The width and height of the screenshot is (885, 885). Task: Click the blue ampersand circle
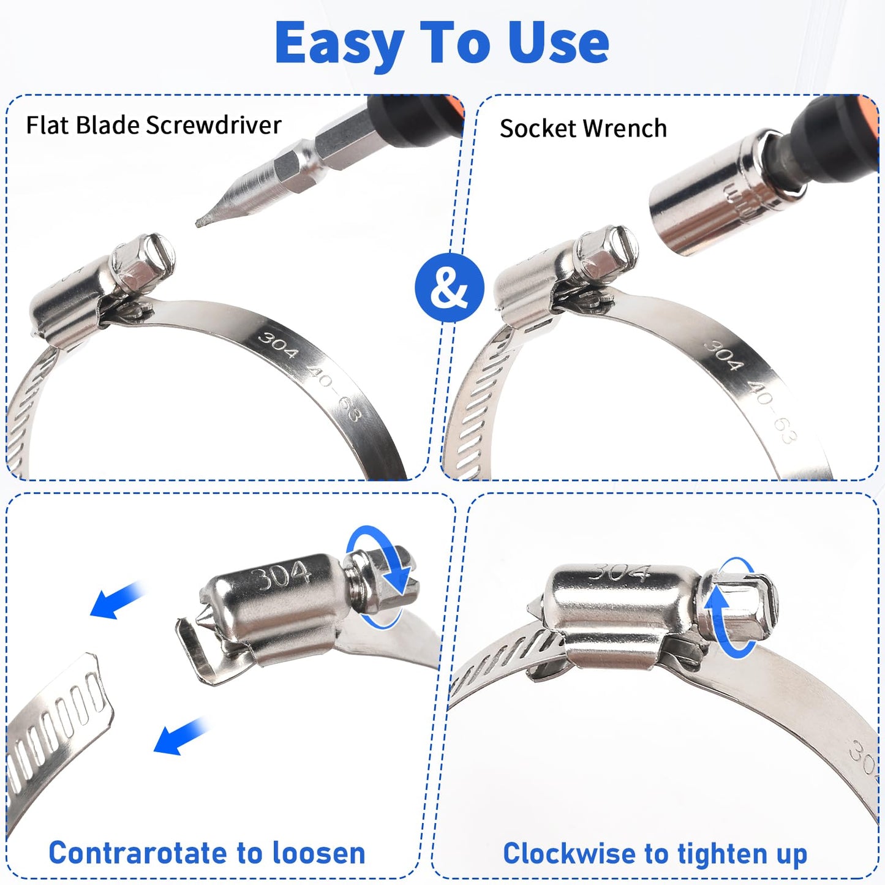449,287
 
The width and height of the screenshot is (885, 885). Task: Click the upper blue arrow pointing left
116,600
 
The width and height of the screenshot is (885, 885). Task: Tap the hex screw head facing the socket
616,251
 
